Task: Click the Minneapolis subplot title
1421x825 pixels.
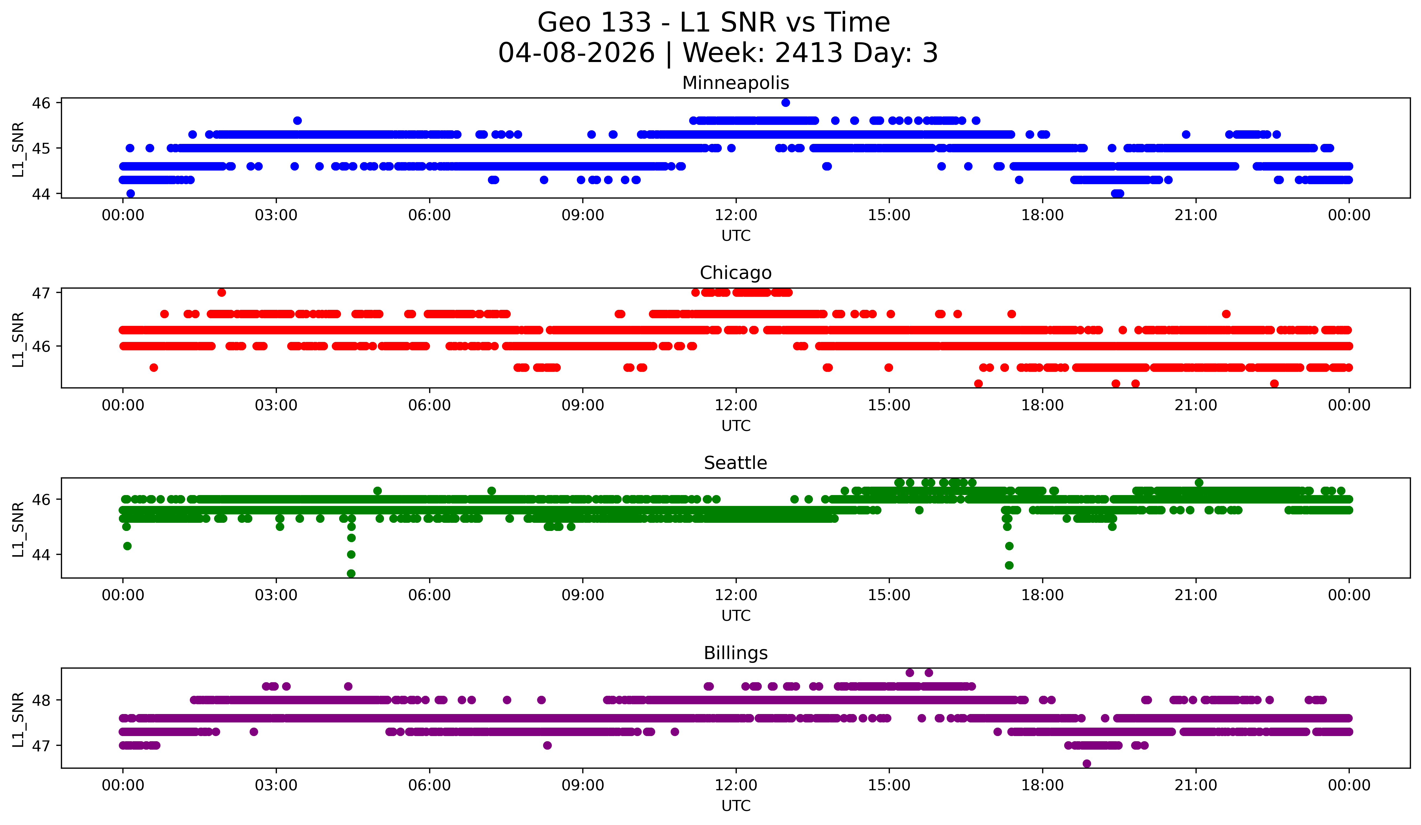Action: (735, 83)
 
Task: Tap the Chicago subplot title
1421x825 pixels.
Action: (735, 273)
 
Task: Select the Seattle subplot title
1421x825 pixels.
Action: (735, 463)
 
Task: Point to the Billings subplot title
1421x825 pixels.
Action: (735, 653)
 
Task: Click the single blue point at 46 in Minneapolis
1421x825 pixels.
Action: (785, 103)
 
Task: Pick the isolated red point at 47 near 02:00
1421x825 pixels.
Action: (222, 292)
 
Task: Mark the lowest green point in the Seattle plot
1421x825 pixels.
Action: (351, 573)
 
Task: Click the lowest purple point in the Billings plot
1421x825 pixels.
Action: (1086, 764)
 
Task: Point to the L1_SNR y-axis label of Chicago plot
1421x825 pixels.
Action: (18, 339)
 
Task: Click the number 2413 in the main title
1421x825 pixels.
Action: (809, 53)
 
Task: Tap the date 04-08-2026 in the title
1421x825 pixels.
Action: (576, 53)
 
